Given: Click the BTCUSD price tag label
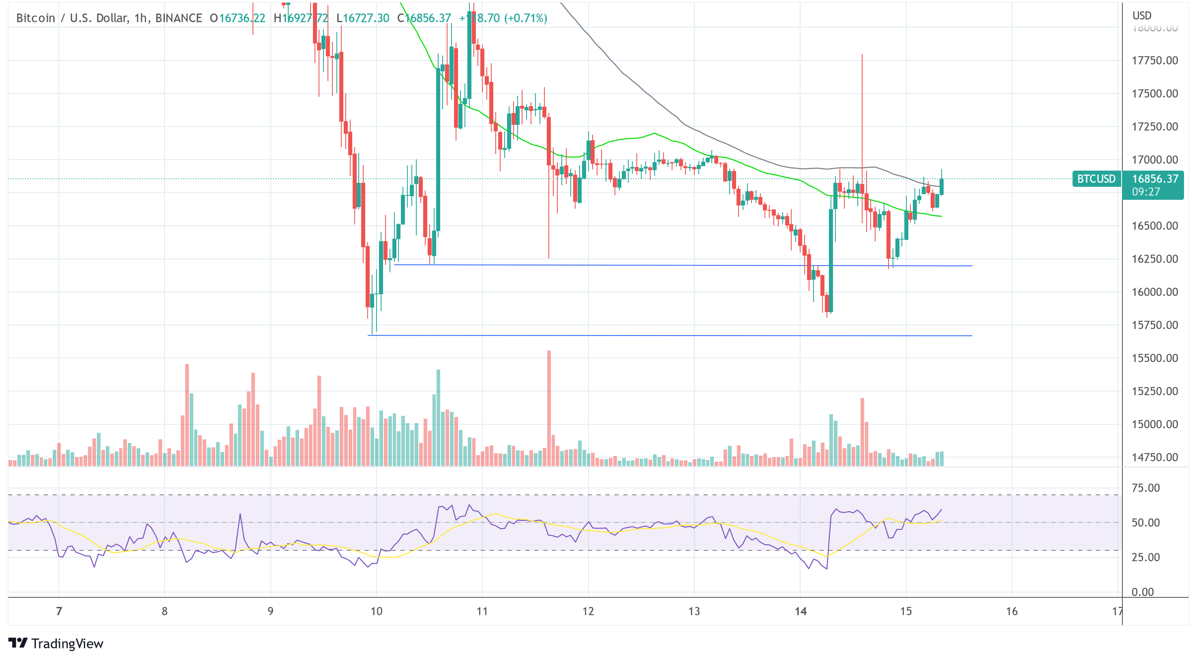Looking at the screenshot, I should tap(1096, 179).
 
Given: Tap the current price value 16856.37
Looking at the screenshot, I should tap(1155, 179).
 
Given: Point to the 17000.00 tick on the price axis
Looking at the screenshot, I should tap(1155, 160).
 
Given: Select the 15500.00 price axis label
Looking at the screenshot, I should tap(1155, 358).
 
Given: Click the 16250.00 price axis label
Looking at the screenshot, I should tap(1155, 259).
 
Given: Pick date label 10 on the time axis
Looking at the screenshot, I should tap(376, 611).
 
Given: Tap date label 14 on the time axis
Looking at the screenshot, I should tap(800, 611).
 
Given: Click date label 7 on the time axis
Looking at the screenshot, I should tap(59, 611).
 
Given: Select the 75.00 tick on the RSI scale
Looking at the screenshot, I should tap(1145, 488).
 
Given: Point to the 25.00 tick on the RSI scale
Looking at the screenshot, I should tap(1145, 557).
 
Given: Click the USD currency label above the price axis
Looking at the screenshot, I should tap(1142, 15).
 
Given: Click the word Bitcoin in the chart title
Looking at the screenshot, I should tap(35, 18).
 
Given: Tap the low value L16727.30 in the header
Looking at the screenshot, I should tap(363, 18).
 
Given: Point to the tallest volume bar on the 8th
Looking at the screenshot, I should tap(187, 414).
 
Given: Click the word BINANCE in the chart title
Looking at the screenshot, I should tap(179, 18).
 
